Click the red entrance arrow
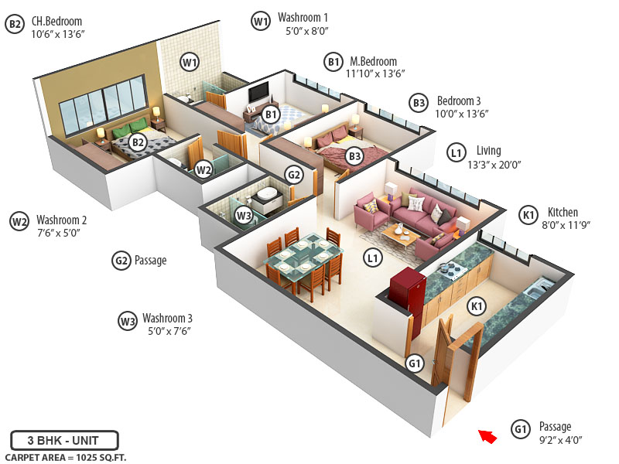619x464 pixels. click(x=487, y=436)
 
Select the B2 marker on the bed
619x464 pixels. click(x=137, y=142)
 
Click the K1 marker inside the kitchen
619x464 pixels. click(x=477, y=307)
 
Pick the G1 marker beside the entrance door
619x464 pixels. click(x=416, y=363)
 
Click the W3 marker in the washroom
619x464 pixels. click(x=244, y=215)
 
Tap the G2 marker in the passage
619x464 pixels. click(x=294, y=175)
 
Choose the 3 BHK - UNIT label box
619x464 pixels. click(x=64, y=440)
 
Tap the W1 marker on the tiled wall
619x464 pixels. click(x=190, y=61)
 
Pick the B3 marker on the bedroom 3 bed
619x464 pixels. click(x=354, y=156)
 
